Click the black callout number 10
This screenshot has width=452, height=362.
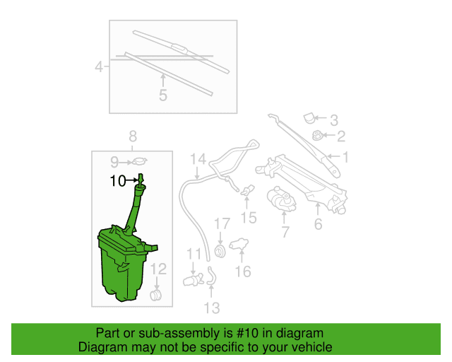coord(118,181)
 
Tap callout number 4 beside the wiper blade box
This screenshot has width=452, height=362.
coord(99,67)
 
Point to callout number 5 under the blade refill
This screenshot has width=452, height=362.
coord(163,95)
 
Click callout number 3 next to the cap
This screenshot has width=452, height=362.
coord(334,120)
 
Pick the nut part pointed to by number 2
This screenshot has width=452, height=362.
coord(318,135)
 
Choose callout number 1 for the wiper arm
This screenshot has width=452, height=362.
coord(345,158)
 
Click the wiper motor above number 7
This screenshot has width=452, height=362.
coord(281,199)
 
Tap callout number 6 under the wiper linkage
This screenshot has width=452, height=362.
coord(318,224)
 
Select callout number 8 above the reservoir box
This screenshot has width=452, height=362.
coord(133,136)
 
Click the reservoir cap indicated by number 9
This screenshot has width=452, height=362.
coord(140,161)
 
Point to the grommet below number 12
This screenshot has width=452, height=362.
coord(156,296)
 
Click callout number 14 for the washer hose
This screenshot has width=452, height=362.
coord(198,159)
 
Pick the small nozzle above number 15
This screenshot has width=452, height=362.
coord(247,190)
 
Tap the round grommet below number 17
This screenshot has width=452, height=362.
coord(220,250)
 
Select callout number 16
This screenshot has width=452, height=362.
coord(243,271)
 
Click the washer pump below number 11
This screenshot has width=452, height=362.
coord(193,280)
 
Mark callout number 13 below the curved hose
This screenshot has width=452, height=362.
coord(212,308)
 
